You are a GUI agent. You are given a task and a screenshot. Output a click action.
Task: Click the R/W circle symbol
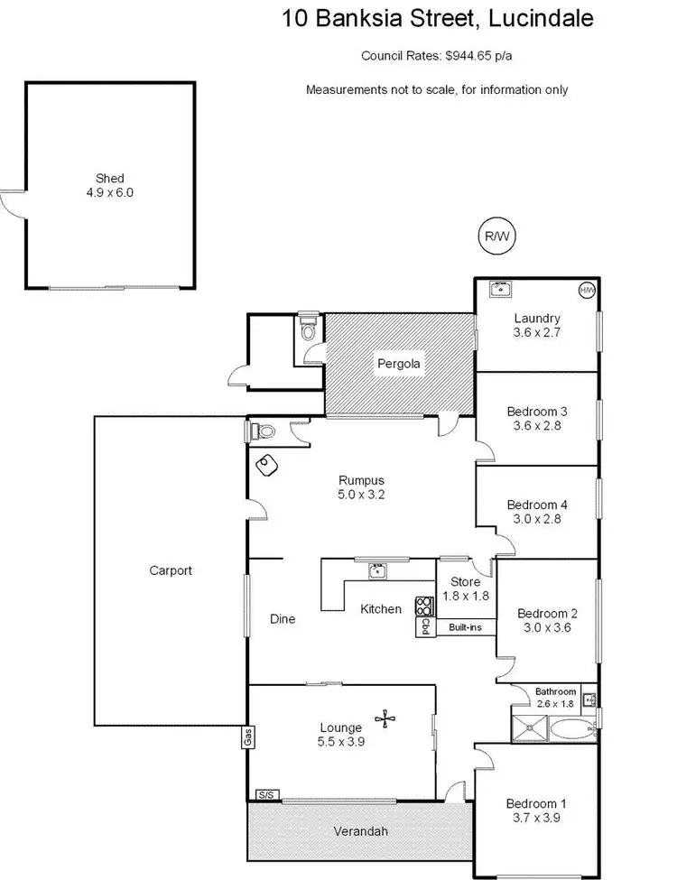496,236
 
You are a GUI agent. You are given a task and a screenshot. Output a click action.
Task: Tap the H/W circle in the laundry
587,290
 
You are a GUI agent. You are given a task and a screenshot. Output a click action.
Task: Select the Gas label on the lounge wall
245,737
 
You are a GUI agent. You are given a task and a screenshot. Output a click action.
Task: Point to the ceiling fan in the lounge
388,718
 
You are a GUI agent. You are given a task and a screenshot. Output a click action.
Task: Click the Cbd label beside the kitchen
424,626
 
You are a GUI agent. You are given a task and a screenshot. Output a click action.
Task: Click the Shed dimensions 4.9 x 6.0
110,192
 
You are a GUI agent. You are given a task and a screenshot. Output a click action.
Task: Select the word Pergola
400,365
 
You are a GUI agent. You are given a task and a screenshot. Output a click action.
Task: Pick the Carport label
171,570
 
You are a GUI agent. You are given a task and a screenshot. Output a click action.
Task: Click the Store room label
460,582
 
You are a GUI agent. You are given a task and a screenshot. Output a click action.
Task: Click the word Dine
283,619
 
